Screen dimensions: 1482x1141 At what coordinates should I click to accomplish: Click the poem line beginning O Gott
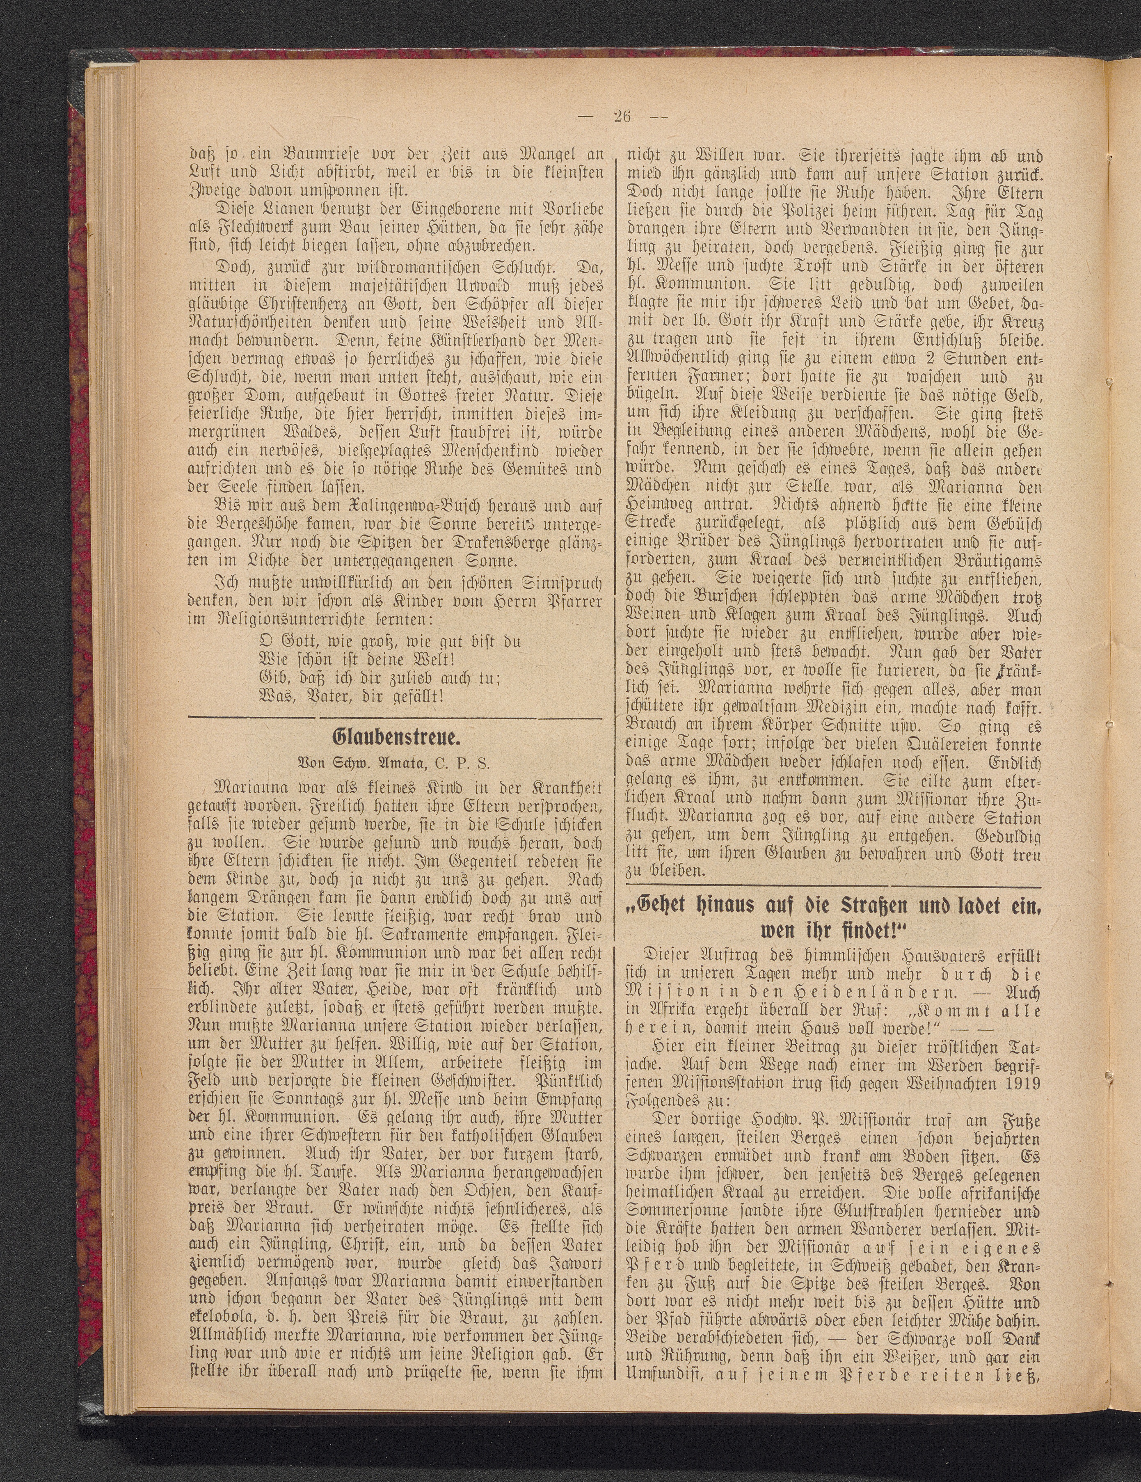pos(391,640)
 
